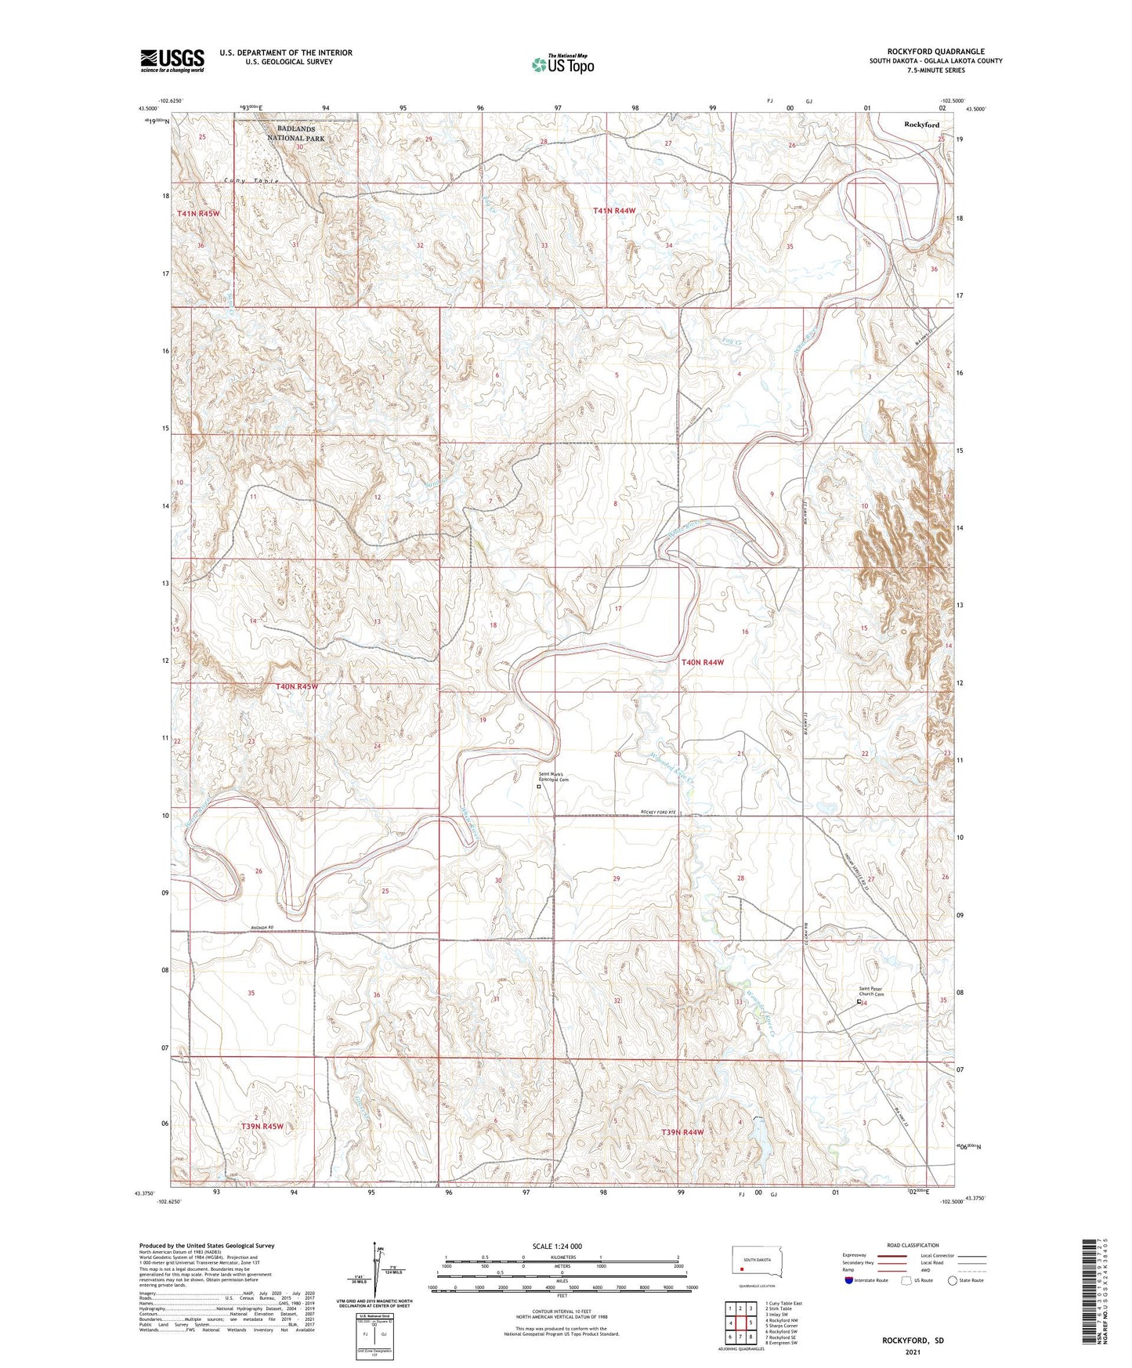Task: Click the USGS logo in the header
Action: coord(172,60)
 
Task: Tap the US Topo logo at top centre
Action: coord(562,64)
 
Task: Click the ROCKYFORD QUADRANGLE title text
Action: coord(936,51)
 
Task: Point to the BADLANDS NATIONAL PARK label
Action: coord(295,133)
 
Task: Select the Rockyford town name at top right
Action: coord(921,125)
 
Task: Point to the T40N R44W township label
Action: coord(702,662)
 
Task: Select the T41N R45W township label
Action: coord(198,213)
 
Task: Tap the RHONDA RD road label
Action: coord(262,928)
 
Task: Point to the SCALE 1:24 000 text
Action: coord(557,1247)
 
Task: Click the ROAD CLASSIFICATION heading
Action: coord(913,1245)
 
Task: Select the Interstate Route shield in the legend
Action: coord(849,1280)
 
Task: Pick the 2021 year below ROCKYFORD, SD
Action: coord(913,1352)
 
